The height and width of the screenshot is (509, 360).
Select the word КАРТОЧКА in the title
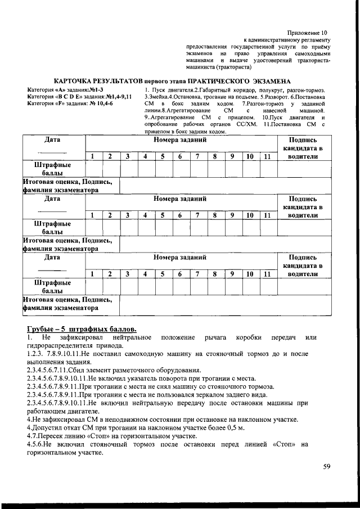(x=76, y=82)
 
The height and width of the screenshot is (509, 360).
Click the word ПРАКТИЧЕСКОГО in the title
(x=217, y=82)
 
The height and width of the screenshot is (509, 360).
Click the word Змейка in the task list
(x=157, y=97)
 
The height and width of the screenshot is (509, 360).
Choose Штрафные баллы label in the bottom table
(x=52, y=286)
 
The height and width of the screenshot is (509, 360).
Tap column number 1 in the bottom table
(x=93, y=274)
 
